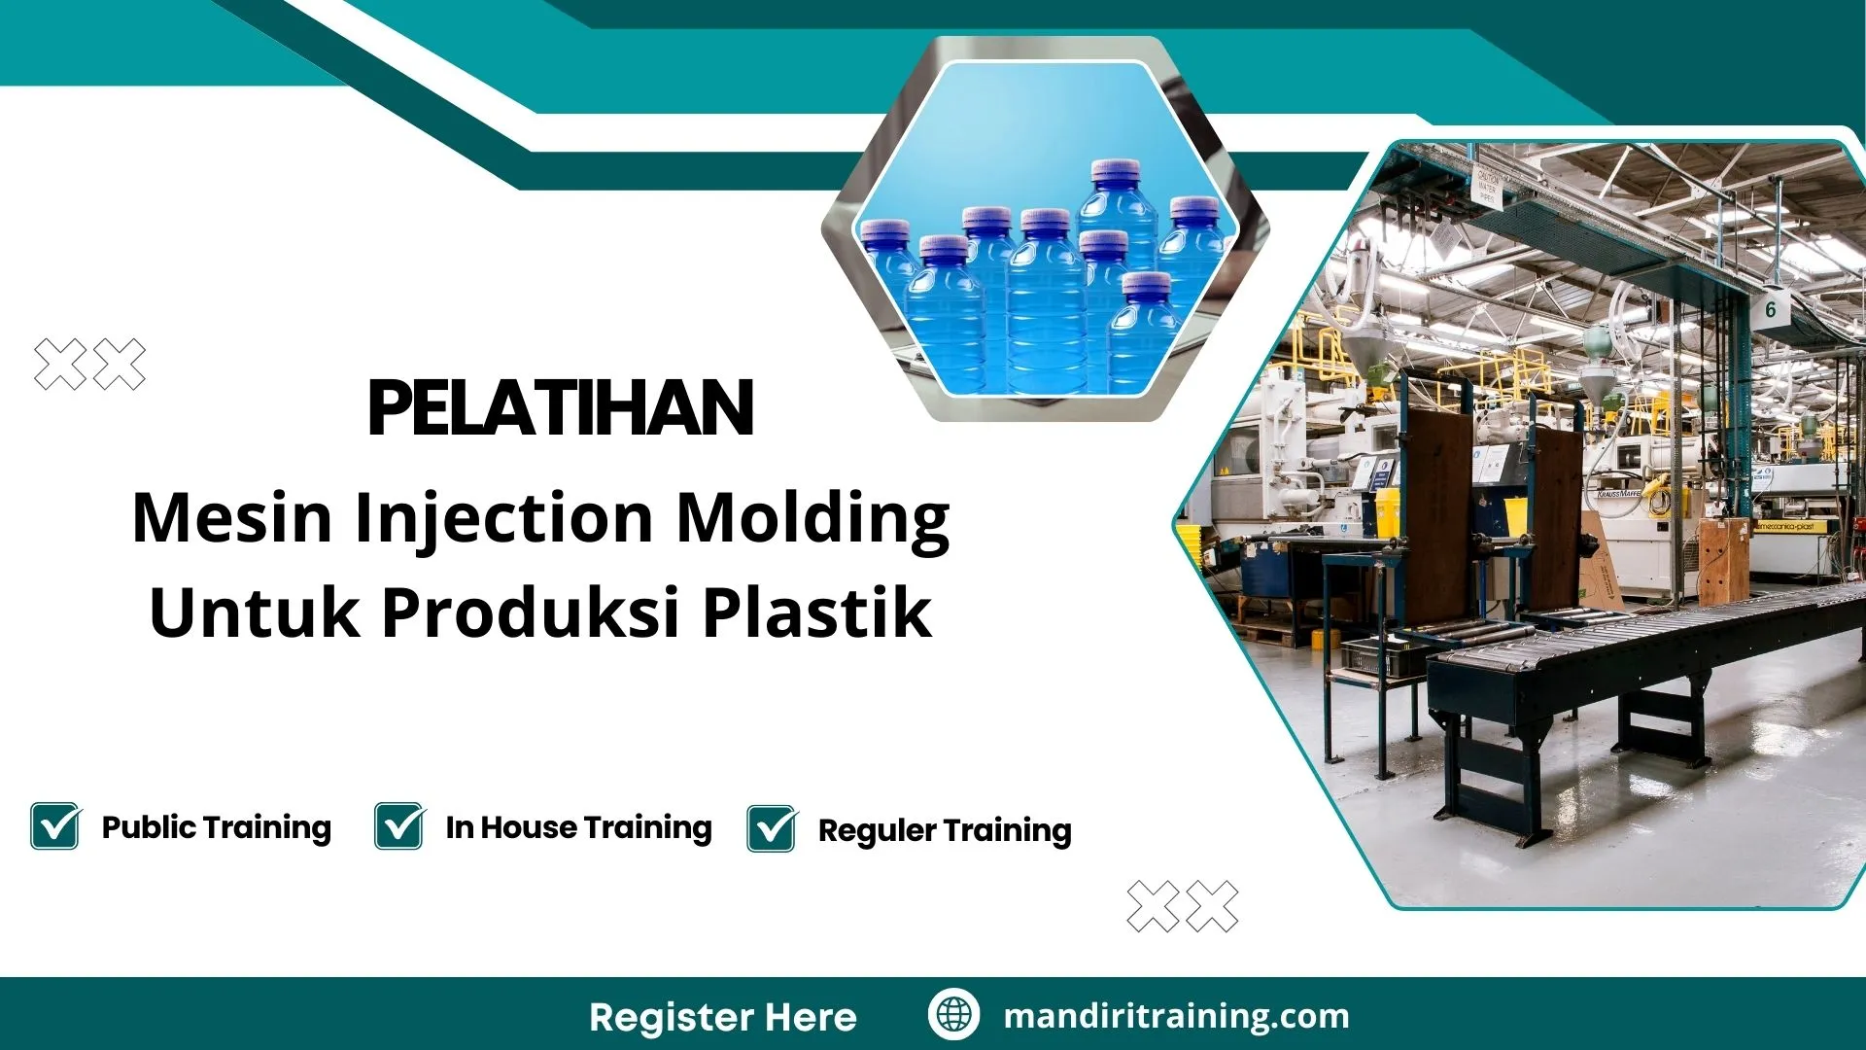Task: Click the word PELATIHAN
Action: (x=561, y=408)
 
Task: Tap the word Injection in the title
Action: (x=503, y=517)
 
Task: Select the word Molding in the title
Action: (x=812, y=517)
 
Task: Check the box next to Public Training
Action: (x=55, y=826)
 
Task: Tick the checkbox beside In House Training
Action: (x=399, y=826)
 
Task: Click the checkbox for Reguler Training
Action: (x=772, y=828)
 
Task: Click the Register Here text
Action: (x=722, y=1017)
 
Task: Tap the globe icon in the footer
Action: (x=953, y=1014)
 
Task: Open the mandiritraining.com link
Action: (x=1176, y=1016)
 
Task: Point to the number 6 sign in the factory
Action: (x=1770, y=310)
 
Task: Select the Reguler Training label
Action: (x=945, y=830)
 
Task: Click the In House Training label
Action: (x=578, y=827)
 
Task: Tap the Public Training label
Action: (x=216, y=827)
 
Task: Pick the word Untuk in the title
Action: (x=254, y=612)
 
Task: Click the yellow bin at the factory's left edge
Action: (x=1192, y=544)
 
